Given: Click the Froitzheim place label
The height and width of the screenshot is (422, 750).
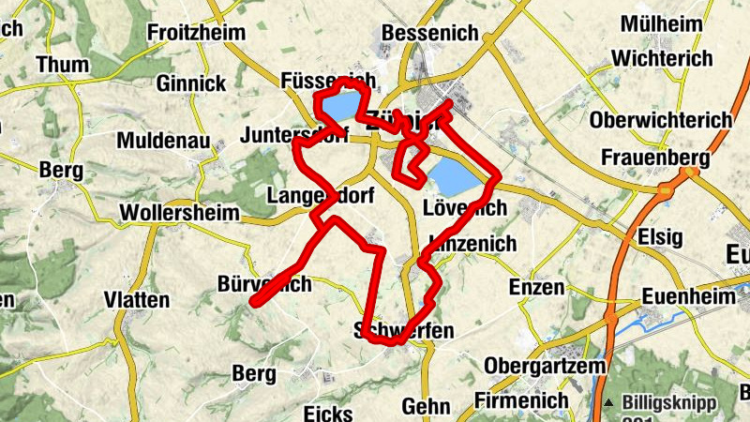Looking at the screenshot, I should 195,34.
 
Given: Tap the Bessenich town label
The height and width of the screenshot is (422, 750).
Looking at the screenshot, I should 430,34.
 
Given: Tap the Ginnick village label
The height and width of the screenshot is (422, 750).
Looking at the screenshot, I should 191,83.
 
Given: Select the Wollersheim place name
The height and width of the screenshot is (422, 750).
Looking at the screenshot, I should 180,213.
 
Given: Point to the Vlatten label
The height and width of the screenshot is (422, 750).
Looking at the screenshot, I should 137,300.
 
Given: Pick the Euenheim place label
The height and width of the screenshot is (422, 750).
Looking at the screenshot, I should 689,296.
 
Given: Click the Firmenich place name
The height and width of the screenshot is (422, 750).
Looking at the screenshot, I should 522,400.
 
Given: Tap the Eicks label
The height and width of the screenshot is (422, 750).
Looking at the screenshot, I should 328,413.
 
